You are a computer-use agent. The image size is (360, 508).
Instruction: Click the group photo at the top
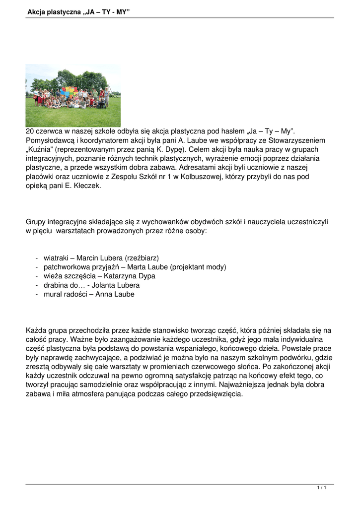coord(73,95)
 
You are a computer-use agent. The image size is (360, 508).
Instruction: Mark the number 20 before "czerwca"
coord(30,131)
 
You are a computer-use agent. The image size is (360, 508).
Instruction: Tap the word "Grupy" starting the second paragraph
coord(37,222)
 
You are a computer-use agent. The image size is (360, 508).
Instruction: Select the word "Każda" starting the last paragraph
coord(36,330)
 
